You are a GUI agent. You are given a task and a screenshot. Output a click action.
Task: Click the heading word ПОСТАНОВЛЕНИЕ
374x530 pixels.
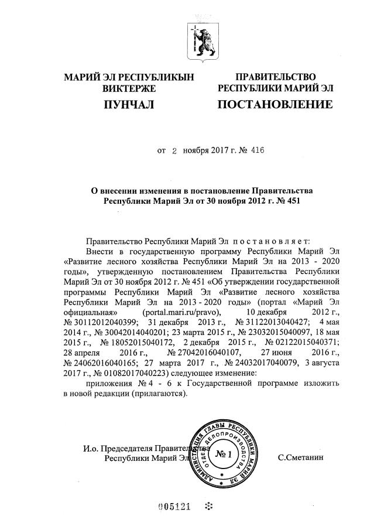pyautogui.click(x=275, y=105)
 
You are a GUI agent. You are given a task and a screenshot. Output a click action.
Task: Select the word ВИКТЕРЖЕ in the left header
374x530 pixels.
pyautogui.click(x=129, y=89)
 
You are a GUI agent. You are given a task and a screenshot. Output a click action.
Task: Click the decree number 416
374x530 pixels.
pyautogui.click(x=256, y=151)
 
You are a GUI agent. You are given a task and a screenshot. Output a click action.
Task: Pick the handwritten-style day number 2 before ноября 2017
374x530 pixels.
pyautogui.click(x=174, y=151)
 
